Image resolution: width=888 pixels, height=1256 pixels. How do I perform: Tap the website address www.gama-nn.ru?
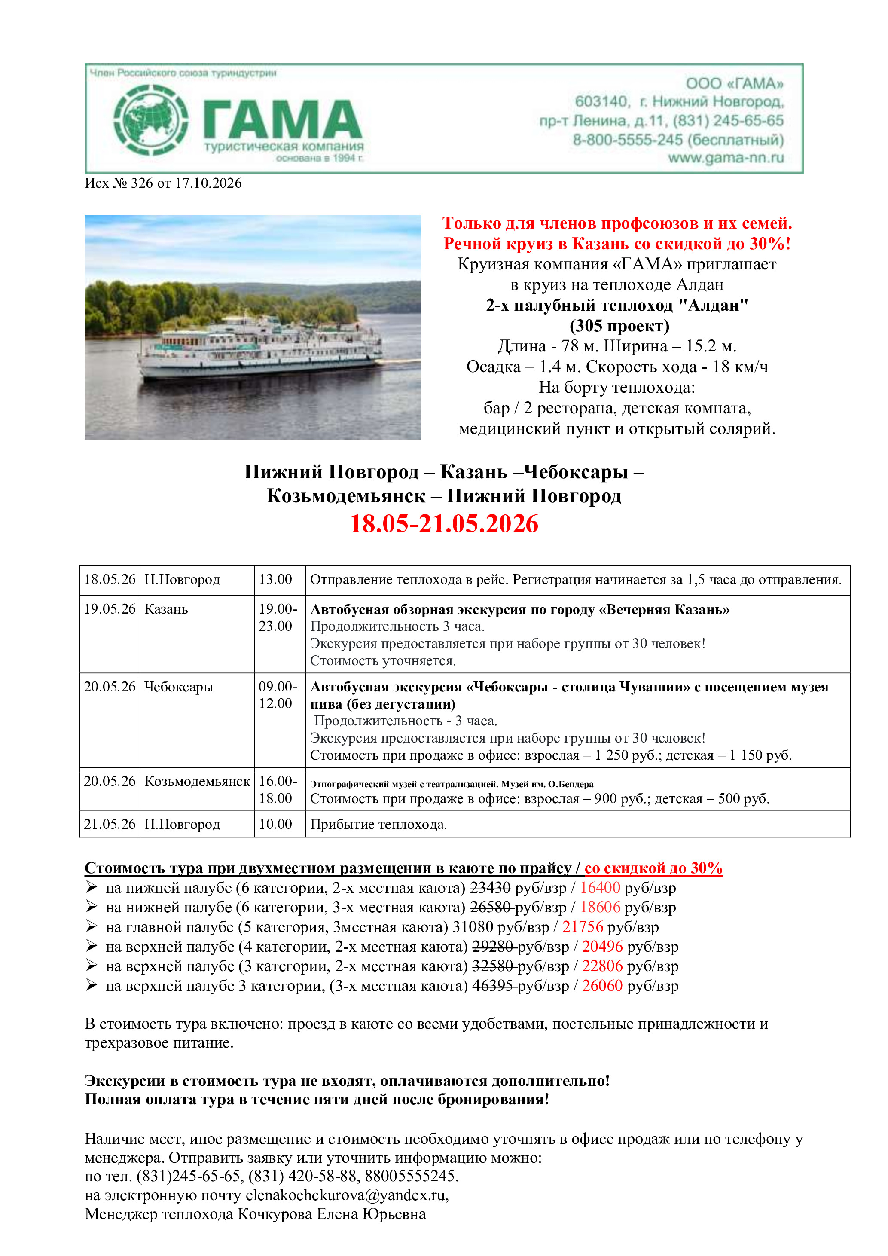tap(726, 158)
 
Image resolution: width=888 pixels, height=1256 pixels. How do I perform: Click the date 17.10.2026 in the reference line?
tap(208, 183)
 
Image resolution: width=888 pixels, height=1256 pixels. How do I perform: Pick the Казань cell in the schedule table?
tap(166, 609)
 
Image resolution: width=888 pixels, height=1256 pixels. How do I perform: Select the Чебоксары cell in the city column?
tap(179, 687)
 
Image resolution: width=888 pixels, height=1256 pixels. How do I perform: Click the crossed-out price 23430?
tap(490, 888)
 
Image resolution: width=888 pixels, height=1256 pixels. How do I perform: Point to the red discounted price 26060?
tap(602, 986)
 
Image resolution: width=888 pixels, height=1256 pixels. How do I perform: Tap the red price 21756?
tap(583, 927)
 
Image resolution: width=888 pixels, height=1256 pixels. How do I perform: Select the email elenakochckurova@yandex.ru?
tap(345, 1195)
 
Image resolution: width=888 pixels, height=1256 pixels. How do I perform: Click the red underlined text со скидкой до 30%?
tap(653, 868)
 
